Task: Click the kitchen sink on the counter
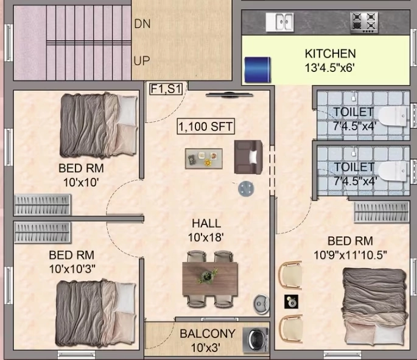[x=279, y=22]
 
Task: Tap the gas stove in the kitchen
[x=364, y=23]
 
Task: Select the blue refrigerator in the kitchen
[x=258, y=69]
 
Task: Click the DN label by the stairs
[x=142, y=24]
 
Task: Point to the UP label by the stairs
[x=142, y=61]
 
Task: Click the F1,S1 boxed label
[x=166, y=89]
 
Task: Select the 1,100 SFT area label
[x=206, y=126]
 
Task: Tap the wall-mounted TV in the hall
[x=230, y=95]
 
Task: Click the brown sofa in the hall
[x=248, y=157]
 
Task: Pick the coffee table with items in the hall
[x=204, y=159]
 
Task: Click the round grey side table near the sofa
[x=246, y=189]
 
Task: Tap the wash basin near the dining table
[x=261, y=303]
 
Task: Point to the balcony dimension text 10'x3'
[x=206, y=347]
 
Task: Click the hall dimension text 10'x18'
[x=205, y=238]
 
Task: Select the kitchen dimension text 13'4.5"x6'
[x=330, y=68]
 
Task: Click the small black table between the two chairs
[x=291, y=302]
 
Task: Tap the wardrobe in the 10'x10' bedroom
[x=43, y=205]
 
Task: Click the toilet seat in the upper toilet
[x=392, y=116]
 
